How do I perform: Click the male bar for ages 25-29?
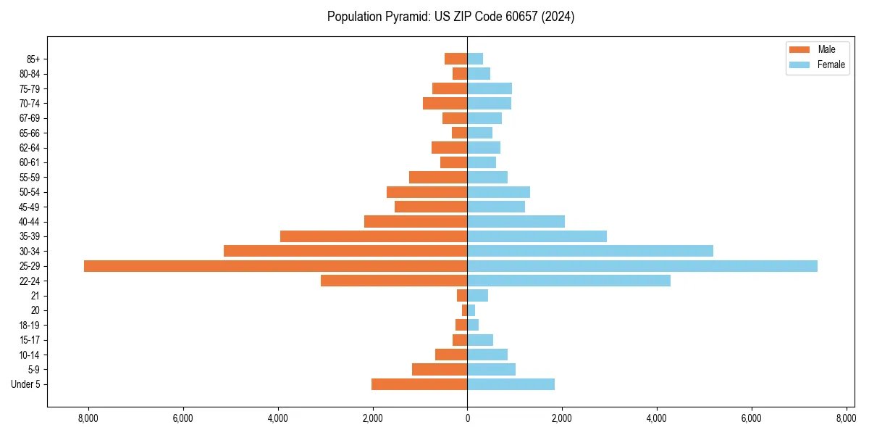pos(275,266)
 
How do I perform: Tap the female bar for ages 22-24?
pos(568,281)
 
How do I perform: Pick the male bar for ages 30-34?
pos(345,251)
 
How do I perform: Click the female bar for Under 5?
pos(511,384)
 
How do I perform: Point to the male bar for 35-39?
pos(374,236)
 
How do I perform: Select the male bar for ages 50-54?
pos(427,192)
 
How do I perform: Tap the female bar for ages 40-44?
pos(516,221)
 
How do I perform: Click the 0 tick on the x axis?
pos(467,418)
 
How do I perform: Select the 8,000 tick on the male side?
pos(88,418)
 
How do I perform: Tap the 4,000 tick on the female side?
pos(657,418)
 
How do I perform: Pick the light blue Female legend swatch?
pos(799,65)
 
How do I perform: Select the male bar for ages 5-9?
pos(440,370)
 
